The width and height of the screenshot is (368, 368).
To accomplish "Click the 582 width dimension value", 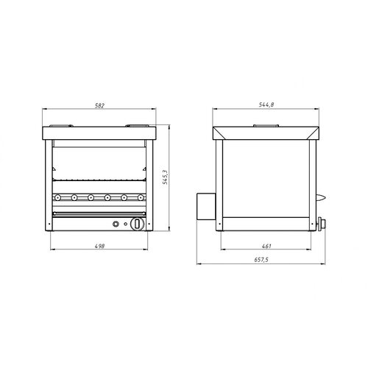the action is tap(100, 105).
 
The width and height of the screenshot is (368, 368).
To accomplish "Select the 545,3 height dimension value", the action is tap(166, 177).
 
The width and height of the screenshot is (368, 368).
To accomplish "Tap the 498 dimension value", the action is tap(100, 246).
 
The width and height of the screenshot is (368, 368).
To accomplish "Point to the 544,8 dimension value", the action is tap(266, 105).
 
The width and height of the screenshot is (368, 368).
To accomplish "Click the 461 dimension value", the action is tap(266, 246).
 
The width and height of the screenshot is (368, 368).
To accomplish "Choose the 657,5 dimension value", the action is tap(261, 260).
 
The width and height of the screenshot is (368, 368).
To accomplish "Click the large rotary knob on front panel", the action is tap(138, 224).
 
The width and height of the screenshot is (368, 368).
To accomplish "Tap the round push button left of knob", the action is tap(116, 224).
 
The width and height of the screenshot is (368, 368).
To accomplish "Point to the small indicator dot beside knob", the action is tap(126, 224).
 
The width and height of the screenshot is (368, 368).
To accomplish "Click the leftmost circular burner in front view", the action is tap(57, 197).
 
